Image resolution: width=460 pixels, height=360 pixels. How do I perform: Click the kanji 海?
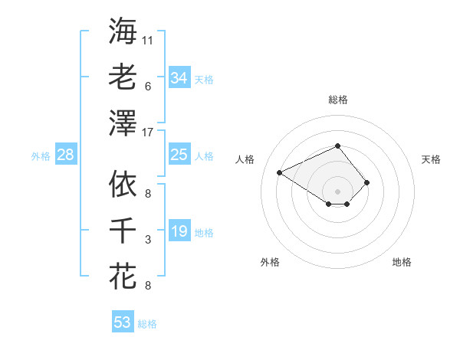[123, 31]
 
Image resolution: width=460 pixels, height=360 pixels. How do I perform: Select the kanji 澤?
[123, 122]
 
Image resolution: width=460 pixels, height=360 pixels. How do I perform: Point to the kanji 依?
[123, 184]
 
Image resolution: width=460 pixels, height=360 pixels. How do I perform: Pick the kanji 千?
[123, 230]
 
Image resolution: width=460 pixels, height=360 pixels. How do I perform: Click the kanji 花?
[123, 276]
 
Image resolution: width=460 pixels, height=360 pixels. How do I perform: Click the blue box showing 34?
[179, 78]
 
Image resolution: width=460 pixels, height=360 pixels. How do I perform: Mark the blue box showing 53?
[123, 322]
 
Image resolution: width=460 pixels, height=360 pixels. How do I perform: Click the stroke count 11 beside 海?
[148, 39]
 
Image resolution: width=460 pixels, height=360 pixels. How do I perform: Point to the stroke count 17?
[148, 132]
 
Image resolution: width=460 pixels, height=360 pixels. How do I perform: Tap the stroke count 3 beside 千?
[148, 240]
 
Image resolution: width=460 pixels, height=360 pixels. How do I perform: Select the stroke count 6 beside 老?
[148, 86]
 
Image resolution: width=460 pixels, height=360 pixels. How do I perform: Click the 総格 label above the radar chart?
[337, 100]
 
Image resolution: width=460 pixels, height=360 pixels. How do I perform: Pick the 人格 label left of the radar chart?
[245, 159]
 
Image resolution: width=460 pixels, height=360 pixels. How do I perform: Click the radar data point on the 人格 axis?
[280, 172]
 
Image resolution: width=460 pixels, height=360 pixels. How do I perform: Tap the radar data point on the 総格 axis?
[337, 146]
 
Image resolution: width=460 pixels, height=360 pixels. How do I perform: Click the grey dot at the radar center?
[337, 190]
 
